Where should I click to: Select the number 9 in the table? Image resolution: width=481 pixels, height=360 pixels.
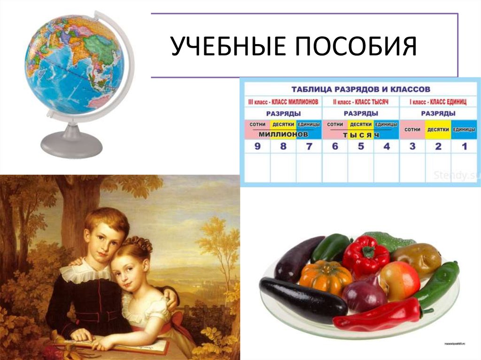257,146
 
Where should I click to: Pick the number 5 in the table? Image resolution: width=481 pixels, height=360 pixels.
360,146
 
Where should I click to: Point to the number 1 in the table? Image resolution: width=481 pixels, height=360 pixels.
464,146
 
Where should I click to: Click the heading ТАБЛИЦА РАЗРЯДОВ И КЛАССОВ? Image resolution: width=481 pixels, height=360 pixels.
361,89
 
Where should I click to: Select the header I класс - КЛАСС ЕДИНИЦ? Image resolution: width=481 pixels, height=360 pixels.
438,101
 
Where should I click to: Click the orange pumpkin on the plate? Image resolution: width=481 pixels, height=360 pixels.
325,276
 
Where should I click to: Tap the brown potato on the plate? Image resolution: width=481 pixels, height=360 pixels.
416,259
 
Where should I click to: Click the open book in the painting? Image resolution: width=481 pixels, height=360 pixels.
141,346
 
